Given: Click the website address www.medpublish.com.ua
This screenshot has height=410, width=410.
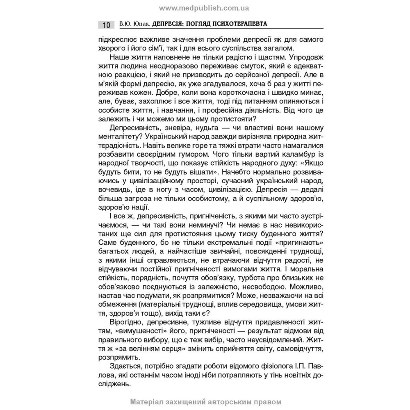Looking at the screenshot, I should coord(205,8).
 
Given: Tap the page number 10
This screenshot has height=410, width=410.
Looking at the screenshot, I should coord(106,25).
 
